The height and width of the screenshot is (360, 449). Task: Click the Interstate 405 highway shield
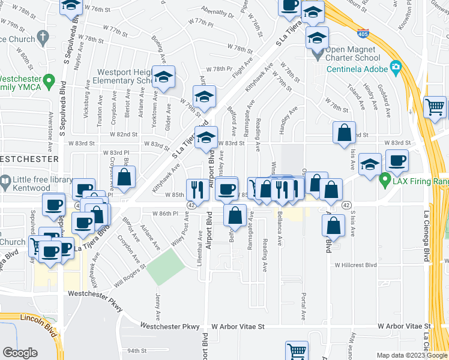click(x=363, y=34)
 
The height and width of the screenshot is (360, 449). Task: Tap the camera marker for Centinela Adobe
click(x=395, y=67)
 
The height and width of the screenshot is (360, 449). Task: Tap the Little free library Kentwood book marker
click(x=5, y=180)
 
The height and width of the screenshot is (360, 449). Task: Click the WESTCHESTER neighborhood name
click(x=29, y=159)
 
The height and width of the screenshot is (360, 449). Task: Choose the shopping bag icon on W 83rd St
click(x=345, y=133)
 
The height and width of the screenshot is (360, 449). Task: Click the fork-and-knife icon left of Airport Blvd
click(x=197, y=190)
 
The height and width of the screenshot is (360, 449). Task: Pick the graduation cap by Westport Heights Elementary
click(x=163, y=77)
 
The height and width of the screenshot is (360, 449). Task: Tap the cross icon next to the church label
click(x=42, y=38)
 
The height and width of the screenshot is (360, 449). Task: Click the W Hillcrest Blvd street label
click(x=355, y=265)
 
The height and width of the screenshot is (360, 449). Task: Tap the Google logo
click(x=20, y=353)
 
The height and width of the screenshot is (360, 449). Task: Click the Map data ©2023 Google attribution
click(x=411, y=356)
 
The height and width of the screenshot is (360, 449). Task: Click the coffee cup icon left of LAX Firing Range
click(x=397, y=161)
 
